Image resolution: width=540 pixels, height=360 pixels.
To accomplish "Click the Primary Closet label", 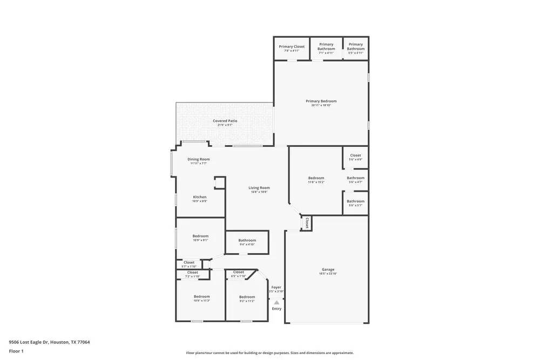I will click(292, 46).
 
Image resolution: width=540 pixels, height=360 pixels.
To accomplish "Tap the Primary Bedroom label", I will click(321, 101).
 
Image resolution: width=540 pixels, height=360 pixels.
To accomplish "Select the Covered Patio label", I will click(225, 121).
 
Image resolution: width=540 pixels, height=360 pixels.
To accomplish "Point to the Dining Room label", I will click(199, 159).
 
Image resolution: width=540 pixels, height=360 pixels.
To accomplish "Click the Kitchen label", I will click(200, 197).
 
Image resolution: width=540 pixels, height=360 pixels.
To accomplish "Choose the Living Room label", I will click(259, 187).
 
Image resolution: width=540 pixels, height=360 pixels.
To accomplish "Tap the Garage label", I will click(328, 269).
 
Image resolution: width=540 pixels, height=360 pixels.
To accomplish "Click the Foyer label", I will click(276, 287).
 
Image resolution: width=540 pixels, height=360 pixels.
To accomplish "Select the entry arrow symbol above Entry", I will click(276, 302).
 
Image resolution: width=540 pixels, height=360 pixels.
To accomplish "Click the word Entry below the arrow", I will click(276, 309).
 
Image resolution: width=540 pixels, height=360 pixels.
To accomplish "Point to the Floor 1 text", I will click(16, 351).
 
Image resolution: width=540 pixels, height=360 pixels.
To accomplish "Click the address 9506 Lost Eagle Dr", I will click(49, 342).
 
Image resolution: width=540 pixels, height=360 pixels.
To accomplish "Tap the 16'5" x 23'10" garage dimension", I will click(328, 274).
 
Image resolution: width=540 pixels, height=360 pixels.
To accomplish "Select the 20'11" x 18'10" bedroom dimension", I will click(321, 105).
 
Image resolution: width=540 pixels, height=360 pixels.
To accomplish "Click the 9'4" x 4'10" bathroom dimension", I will click(247, 244).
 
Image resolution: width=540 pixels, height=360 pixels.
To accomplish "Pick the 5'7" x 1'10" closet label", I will click(188, 266).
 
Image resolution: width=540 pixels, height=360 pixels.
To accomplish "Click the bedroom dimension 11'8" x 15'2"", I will click(316, 182).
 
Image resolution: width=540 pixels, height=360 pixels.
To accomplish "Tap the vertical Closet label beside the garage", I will click(307, 222).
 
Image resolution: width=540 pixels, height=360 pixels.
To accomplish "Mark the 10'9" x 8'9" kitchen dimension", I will click(200, 201).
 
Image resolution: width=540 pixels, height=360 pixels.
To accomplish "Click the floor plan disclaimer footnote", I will click(270, 352).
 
